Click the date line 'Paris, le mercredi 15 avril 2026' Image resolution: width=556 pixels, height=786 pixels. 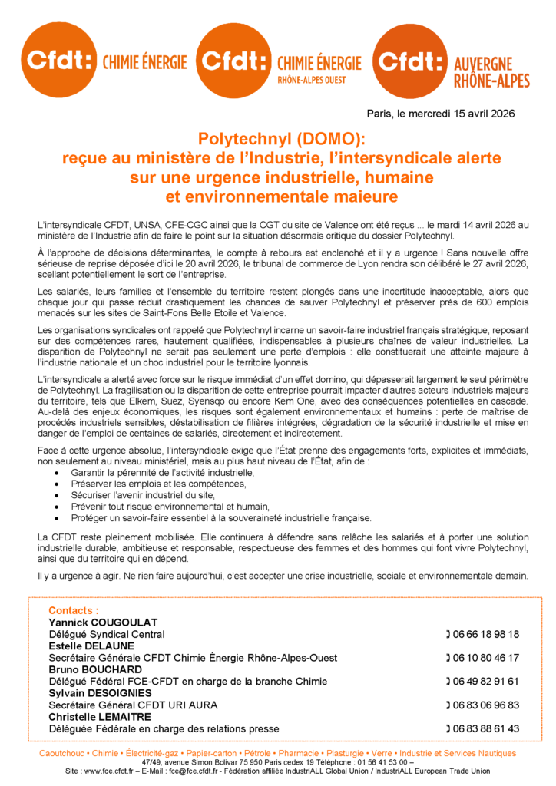[440, 114]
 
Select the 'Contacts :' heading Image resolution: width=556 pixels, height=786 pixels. [74, 610]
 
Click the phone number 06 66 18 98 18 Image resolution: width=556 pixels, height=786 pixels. [485, 634]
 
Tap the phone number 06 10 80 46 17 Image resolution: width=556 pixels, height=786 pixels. [485, 658]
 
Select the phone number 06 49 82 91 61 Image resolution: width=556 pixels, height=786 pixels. [485, 681]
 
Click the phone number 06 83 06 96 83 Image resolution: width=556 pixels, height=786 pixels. [485, 705]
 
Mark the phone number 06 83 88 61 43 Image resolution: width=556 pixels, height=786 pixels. [485, 728]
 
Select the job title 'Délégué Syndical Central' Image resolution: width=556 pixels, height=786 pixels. [107, 634]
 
